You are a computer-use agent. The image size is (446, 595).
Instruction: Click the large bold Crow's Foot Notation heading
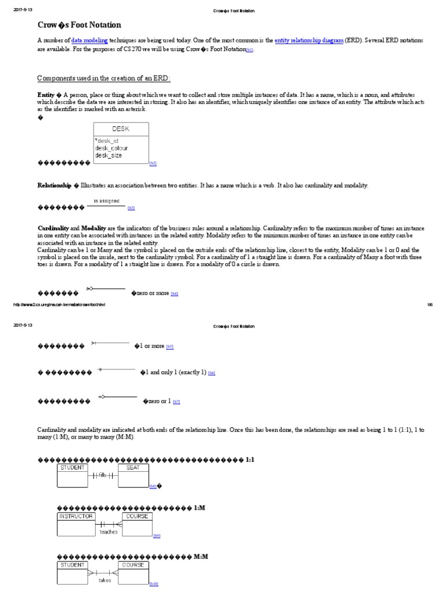click(x=80, y=25)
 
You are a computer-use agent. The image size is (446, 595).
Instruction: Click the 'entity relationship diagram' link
click(x=308, y=40)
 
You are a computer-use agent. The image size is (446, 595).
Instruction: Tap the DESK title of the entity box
click(x=121, y=129)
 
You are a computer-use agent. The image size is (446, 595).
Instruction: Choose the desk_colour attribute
click(x=111, y=148)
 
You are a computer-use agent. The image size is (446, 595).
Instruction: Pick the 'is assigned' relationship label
click(x=106, y=201)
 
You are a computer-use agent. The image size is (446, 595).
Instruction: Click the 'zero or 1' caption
click(x=157, y=401)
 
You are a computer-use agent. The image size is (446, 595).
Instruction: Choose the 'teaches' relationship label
click(x=108, y=531)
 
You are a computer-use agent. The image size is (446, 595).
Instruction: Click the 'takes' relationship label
click(x=105, y=580)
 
